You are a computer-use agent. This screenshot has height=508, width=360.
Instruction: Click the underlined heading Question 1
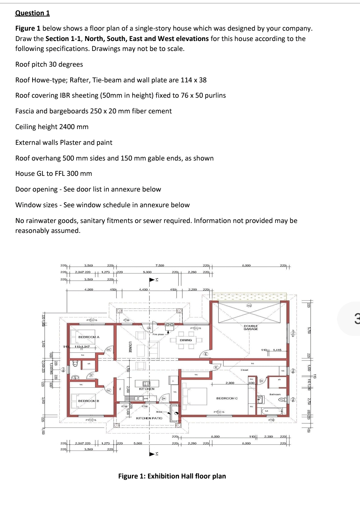coord(33,13)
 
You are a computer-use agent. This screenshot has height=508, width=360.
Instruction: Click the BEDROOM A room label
coord(89,337)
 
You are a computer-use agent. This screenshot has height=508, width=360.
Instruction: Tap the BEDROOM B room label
coord(89,401)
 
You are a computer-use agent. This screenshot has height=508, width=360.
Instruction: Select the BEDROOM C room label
coord(227,398)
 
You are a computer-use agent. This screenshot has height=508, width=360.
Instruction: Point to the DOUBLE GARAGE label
coord(251,328)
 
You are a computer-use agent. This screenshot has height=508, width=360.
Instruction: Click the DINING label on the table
coord(186,340)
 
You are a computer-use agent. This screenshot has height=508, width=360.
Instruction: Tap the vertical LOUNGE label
coord(130,347)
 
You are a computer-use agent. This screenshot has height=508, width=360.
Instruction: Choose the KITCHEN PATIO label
coord(149,418)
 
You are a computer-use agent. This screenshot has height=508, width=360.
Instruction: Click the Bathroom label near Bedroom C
coord(275,394)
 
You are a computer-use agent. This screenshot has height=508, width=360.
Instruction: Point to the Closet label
coord(245,370)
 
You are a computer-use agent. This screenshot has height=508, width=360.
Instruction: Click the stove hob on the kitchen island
coord(146,383)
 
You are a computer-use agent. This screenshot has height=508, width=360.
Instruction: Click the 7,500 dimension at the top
coord(159,265)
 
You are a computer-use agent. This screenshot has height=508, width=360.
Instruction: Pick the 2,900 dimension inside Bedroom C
coord(230,383)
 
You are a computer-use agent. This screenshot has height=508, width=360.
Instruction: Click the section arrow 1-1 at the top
coord(153,280)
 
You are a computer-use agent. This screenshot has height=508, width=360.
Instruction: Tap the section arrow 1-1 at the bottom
coord(153,454)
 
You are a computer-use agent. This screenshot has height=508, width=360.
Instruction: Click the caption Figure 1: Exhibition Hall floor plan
coord(172,476)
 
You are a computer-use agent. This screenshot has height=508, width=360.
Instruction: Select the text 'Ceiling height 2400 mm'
coord(52,127)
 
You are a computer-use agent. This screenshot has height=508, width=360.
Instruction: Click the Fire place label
coord(158,334)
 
